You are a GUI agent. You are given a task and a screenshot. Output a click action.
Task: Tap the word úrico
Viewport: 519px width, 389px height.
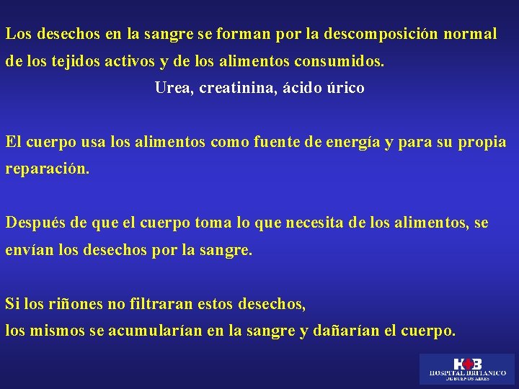pos(345,88)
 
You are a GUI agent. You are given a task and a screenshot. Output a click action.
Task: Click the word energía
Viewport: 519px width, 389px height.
pos(351,143)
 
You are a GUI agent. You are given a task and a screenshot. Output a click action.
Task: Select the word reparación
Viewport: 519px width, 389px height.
pos(48,170)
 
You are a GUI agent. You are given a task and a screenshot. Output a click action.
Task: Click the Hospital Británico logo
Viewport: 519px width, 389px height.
pos(467,368)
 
